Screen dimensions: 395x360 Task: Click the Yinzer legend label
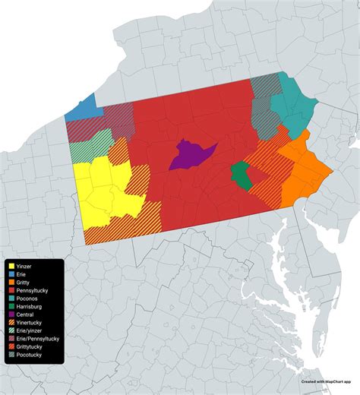(x=25, y=266)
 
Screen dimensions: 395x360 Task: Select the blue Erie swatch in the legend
(x=11, y=274)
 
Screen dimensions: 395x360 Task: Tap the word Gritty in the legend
(x=24, y=283)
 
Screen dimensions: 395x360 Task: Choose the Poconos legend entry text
(x=28, y=299)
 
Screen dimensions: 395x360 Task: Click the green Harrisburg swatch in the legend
(x=11, y=308)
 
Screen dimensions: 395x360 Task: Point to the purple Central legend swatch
(x=11, y=316)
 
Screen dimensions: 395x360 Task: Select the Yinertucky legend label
(x=31, y=324)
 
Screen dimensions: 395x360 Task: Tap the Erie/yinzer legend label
(x=32, y=333)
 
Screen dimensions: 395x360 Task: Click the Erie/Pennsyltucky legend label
(x=39, y=341)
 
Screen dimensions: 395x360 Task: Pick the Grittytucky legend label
(x=31, y=349)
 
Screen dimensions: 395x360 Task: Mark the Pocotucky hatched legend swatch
(x=11, y=358)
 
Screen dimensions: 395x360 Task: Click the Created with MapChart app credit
(x=327, y=382)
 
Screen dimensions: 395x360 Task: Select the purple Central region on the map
(x=189, y=154)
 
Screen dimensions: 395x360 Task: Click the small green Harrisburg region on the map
(x=241, y=175)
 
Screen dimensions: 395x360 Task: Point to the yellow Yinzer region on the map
(x=103, y=194)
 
